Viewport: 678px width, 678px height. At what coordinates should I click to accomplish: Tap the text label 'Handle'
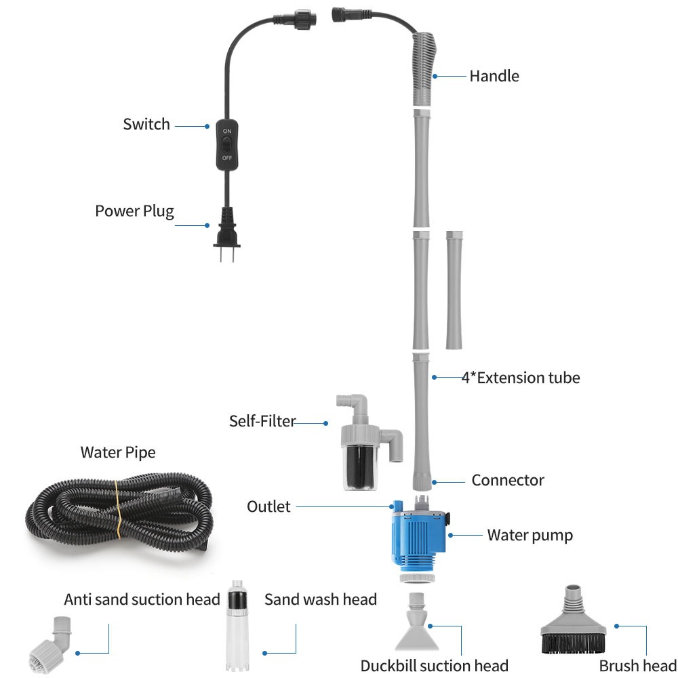click(x=494, y=76)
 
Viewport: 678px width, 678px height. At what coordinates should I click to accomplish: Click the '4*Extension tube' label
click(x=521, y=378)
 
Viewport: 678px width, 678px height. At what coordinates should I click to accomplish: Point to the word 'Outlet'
click(x=268, y=506)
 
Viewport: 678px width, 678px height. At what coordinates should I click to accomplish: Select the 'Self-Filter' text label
click(x=262, y=421)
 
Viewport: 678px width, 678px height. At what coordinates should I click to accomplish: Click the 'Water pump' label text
click(x=530, y=535)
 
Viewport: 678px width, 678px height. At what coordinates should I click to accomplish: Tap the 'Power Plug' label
click(x=134, y=211)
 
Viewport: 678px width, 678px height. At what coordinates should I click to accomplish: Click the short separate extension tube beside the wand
click(x=454, y=290)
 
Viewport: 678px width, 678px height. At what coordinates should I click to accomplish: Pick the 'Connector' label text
click(x=508, y=480)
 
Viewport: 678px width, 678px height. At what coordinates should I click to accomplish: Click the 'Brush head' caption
click(x=637, y=665)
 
